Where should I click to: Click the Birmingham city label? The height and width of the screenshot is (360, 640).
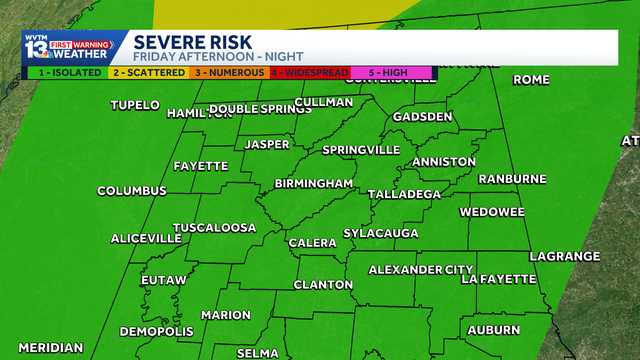click(x=314, y=184)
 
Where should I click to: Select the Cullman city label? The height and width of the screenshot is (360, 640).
click(x=324, y=102)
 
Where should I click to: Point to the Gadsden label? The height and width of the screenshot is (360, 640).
click(x=423, y=116)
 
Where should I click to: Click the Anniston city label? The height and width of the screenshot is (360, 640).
click(x=444, y=162)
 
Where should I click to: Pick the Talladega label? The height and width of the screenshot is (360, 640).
click(x=404, y=194)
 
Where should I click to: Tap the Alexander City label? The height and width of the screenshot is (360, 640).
click(x=420, y=270)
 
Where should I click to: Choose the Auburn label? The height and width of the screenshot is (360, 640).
click(x=494, y=330)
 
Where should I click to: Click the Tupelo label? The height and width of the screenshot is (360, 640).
click(x=135, y=105)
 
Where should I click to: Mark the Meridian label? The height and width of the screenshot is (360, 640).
click(x=50, y=348)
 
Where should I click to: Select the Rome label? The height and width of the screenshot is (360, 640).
click(x=531, y=80)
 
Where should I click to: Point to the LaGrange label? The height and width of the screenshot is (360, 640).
click(x=565, y=257)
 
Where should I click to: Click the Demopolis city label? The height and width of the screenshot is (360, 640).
click(x=156, y=332)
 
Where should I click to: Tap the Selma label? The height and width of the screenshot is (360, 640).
click(x=258, y=353)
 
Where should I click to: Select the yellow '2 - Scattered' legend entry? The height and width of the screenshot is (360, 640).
click(x=148, y=73)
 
